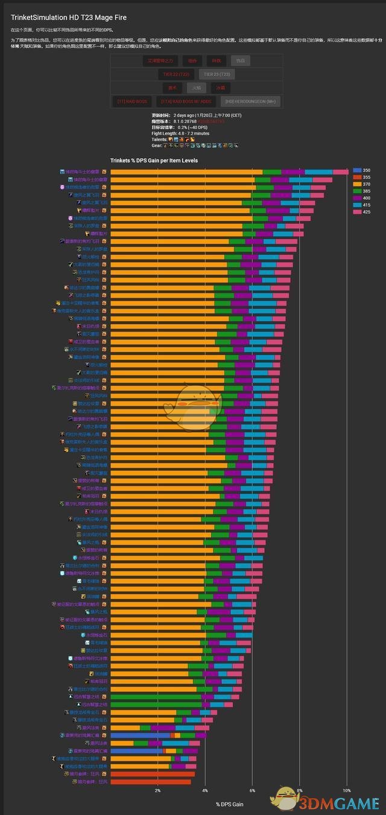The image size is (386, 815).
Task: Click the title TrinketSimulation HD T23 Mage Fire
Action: (x=69, y=18)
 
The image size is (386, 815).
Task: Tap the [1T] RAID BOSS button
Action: (x=132, y=101)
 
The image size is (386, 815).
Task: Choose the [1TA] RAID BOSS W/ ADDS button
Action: (x=187, y=101)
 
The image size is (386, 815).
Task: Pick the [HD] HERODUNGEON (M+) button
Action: (x=250, y=101)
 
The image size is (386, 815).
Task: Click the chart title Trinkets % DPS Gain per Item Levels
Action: (x=154, y=161)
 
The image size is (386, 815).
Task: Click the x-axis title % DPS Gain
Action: (x=229, y=804)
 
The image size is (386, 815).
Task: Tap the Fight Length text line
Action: (x=180, y=133)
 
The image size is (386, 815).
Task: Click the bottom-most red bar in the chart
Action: (x=151, y=782)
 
